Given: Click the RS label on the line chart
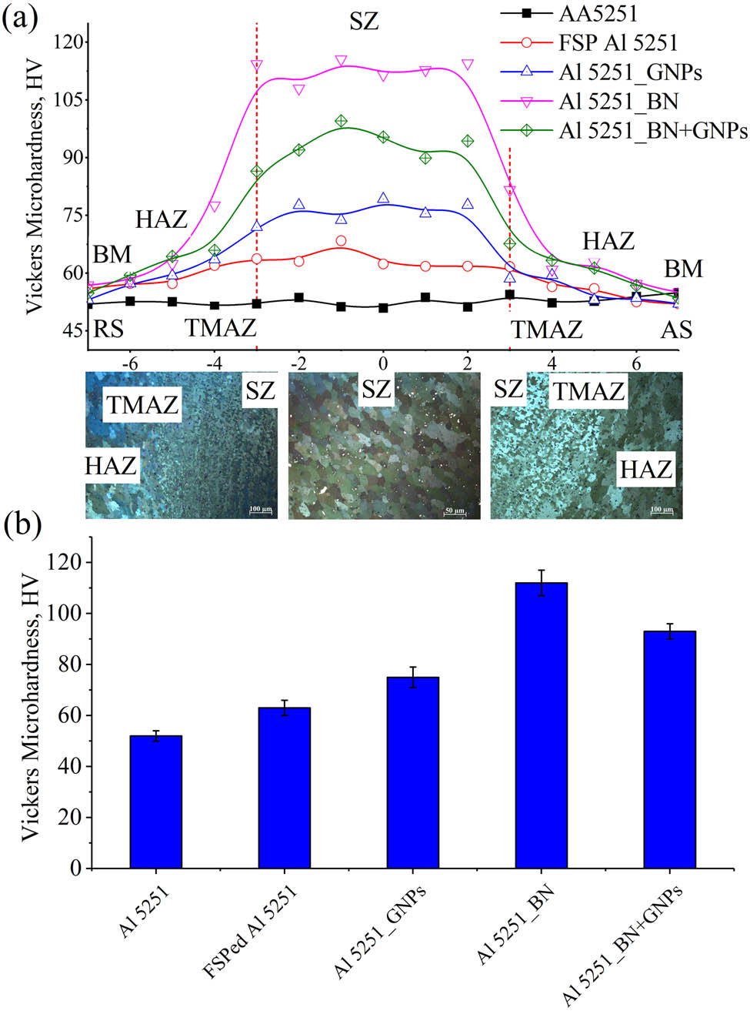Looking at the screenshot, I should click(108, 330).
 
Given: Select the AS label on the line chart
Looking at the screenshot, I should click(676, 330).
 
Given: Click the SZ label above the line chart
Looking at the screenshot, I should click(364, 22).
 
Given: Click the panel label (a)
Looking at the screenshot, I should click(18, 17).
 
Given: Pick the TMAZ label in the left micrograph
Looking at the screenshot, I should click(142, 403).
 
